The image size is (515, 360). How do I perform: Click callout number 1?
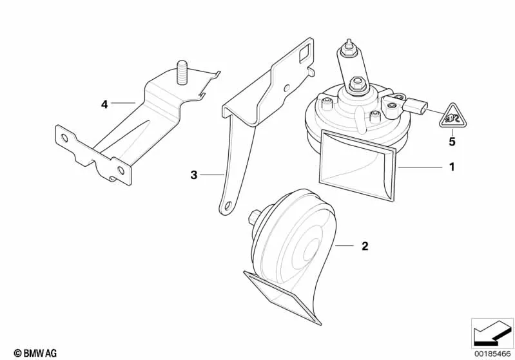[x=452, y=167]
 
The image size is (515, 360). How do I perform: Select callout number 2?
[x=365, y=246]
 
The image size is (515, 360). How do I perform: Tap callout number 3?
[x=194, y=175]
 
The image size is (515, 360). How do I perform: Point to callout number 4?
[x=104, y=105]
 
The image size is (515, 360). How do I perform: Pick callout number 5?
[x=452, y=142]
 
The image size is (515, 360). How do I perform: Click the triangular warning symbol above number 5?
[x=453, y=117]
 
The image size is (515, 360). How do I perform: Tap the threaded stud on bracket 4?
[x=182, y=73]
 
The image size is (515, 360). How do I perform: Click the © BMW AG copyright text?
[x=35, y=353]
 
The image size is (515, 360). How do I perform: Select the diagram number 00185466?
[x=492, y=354]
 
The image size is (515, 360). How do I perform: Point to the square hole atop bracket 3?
[x=305, y=53]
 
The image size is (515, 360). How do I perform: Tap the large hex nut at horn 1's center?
[x=356, y=84]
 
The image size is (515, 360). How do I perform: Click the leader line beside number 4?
[x=123, y=103]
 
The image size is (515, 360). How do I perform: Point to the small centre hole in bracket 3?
[x=287, y=88]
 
